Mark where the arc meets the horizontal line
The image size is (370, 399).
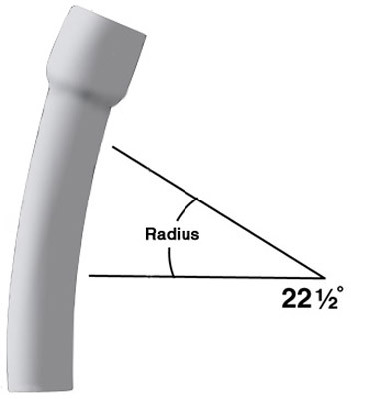coord(173,275)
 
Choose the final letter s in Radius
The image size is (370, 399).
coord(197,237)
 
